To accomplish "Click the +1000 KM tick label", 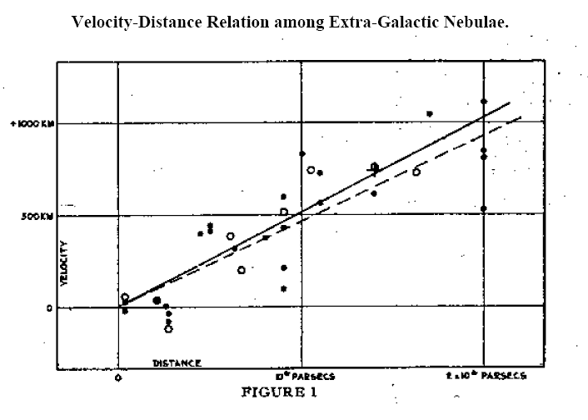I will (32, 123).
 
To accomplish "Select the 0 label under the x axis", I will (118, 377).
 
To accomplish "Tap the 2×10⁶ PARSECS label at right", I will (486, 376).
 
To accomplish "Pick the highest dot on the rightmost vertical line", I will (483, 102).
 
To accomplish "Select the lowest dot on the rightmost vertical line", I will (483, 208).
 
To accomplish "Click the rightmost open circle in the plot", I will (416, 172).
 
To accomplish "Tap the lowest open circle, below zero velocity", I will (168, 328).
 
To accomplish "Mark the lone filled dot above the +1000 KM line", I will (430, 113).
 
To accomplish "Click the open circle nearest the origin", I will (125, 297).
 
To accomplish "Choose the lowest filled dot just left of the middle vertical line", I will (284, 288).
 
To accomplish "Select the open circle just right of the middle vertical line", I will (311, 170).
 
